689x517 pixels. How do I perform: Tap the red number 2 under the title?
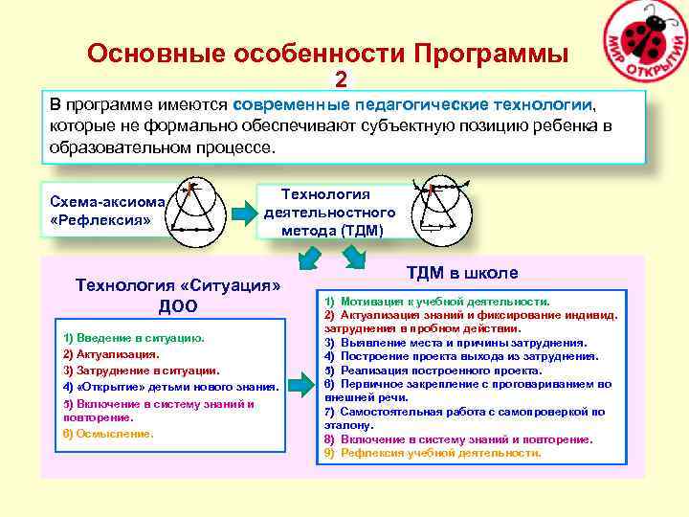[341, 79]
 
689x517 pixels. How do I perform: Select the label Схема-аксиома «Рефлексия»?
[109, 210]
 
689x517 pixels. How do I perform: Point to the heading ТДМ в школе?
[462, 273]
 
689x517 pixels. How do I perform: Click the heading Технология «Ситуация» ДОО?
[178, 296]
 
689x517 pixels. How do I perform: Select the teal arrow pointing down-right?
[355, 257]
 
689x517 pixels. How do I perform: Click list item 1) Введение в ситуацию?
[133, 338]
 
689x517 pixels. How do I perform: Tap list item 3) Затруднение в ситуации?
[141, 370]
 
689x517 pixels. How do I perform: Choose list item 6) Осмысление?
[108, 434]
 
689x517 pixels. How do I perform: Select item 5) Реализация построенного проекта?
[441, 370]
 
